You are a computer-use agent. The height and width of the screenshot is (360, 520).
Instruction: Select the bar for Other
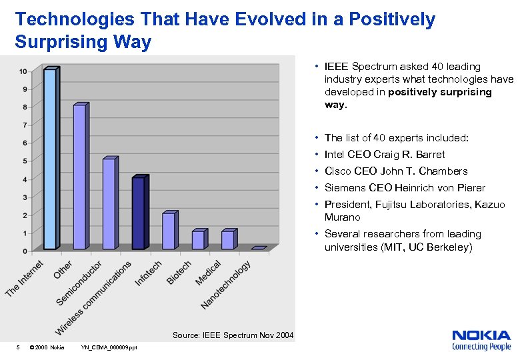(80, 177)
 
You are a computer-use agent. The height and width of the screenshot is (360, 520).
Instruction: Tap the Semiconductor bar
(109, 203)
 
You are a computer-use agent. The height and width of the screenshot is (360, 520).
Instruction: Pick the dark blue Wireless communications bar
(139, 213)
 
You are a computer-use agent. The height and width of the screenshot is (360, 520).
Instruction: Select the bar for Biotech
(198, 239)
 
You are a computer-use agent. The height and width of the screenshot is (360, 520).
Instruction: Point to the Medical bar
(228, 239)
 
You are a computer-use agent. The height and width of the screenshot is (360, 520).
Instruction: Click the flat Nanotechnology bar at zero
(259, 248)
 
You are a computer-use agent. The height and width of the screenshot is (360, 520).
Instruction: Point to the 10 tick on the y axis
(23, 71)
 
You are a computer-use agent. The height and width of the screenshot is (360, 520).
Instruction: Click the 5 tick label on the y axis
(25, 161)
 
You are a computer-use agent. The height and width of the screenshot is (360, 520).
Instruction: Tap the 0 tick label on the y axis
(25, 251)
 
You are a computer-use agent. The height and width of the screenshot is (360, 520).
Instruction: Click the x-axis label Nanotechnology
(227, 285)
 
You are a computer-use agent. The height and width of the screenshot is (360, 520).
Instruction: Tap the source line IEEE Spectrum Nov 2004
(233, 335)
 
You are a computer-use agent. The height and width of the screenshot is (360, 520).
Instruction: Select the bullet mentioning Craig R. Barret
(385, 155)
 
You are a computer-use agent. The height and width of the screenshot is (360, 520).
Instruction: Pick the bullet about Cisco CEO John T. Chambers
(396, 171)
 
